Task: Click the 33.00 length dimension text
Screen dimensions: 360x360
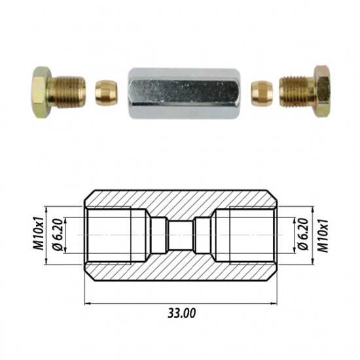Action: pos(181,313)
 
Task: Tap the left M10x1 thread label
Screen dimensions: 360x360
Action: pos(38,233)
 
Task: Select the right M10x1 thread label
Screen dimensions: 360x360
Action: pos(323,236)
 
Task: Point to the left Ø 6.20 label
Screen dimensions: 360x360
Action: pos(58,234)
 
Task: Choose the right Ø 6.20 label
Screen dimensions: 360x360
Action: pos(303,234)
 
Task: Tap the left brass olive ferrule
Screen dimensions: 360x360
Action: pos(106,92)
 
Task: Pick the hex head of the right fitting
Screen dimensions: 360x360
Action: pos(321,91)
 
